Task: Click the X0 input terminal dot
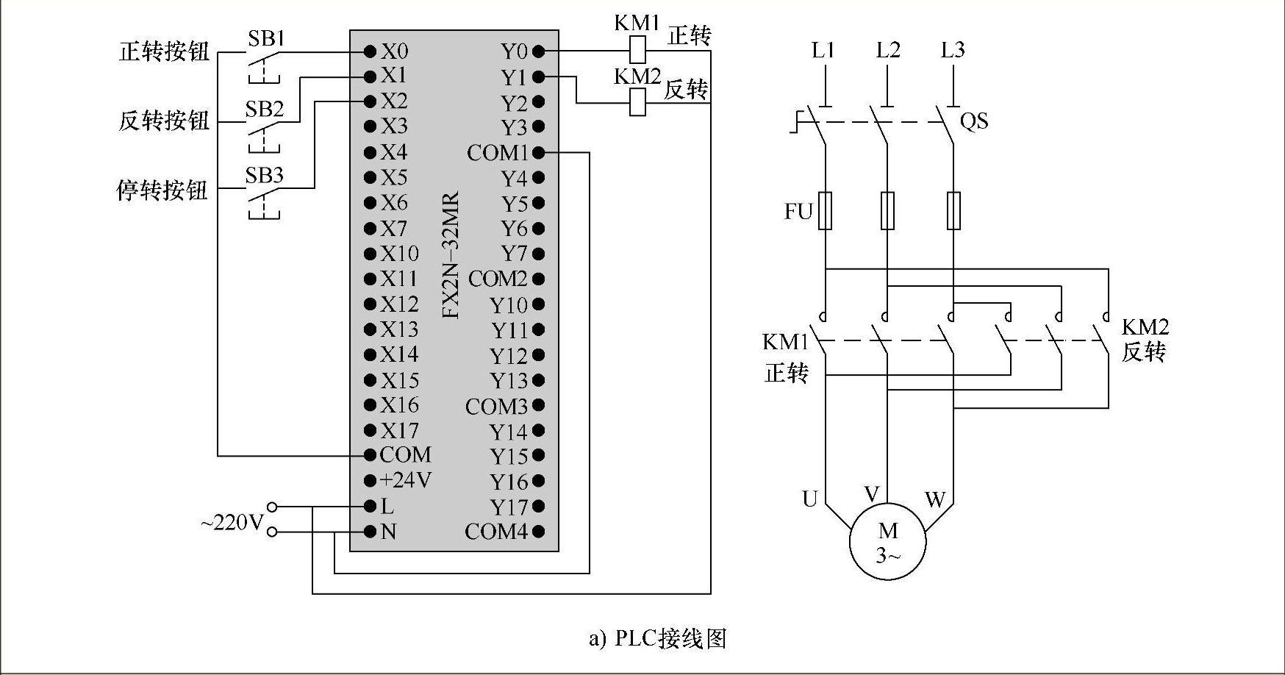pos(371,51)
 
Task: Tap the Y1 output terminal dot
pos(538,76)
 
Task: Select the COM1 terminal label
pos(498,153)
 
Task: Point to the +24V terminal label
pos(406,480)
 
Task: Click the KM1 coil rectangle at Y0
pos(638,51)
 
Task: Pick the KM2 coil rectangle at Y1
pos(638,102)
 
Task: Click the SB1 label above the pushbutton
pos(265,38)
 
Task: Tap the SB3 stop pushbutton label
pos(264,176)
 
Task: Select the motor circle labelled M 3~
pos(887,541)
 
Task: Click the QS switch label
pos(974,121)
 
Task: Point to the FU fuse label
pos(798,212)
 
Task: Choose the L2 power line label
pos(888,50)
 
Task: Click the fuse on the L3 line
pos(953,211)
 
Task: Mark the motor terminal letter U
pos(809,499)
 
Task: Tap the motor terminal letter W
pos(935,500)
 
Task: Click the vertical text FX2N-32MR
pos(451,255)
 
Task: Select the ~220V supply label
pos(232,523)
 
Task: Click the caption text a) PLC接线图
pos(657,637)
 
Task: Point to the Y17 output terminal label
pos(509,507)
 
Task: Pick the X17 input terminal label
pos(399,430)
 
